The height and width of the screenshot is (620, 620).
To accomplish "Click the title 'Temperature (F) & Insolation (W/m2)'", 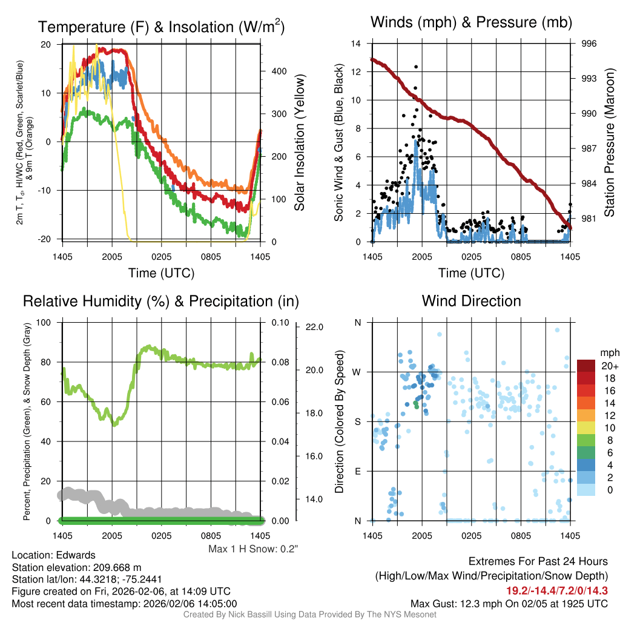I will pos(161,27).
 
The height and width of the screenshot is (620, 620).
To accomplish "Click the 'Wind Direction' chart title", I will pos(471,301).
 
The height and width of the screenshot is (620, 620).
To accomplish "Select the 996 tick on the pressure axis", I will pos(589,44).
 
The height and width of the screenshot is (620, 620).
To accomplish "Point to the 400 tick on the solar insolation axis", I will pos(279,71).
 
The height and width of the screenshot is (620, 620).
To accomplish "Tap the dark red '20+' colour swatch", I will pos(587,366).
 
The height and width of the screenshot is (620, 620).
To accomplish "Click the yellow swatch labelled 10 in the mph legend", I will pos(587,427).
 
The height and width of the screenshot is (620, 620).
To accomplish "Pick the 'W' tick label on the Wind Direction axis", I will pos(357,372).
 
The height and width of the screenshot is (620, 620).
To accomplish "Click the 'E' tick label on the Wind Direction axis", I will pos(357,470).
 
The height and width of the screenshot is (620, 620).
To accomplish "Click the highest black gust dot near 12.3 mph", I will pos(416,67).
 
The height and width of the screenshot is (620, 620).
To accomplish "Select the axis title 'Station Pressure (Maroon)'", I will pos(610,143).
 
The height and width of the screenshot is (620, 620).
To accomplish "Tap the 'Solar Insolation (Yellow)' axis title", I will pos(299,143).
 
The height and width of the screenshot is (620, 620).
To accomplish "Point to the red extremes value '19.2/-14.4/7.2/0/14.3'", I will pos(557,590).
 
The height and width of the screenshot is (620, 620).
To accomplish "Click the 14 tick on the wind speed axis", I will pos(356,44).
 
